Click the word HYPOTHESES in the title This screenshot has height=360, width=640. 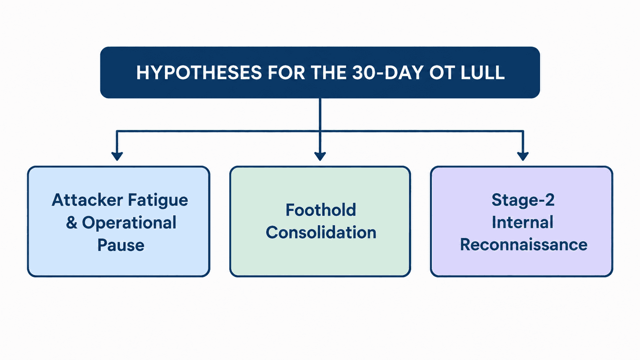tap(199, 73)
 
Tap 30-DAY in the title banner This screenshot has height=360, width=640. tap(387, 73)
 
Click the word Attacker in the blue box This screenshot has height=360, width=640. tap(87, 200)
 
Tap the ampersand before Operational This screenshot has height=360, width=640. tap(72, 222)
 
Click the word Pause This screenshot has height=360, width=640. tap(121, 245)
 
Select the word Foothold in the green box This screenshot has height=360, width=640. tap(321, 210)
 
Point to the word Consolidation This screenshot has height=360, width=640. tap(321, 232)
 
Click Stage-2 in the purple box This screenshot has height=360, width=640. tap(523, 200)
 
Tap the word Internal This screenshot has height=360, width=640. tap(522, 222)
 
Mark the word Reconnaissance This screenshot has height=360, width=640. tap(523, 245)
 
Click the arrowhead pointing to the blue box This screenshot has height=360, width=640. tap(117, 156)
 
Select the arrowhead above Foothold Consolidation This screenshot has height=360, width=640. tap(320, 156)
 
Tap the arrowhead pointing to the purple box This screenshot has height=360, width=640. tap(523, 156)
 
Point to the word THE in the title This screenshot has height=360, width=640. tap(328, 73)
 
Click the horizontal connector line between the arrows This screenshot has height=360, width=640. tap(320, 131)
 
